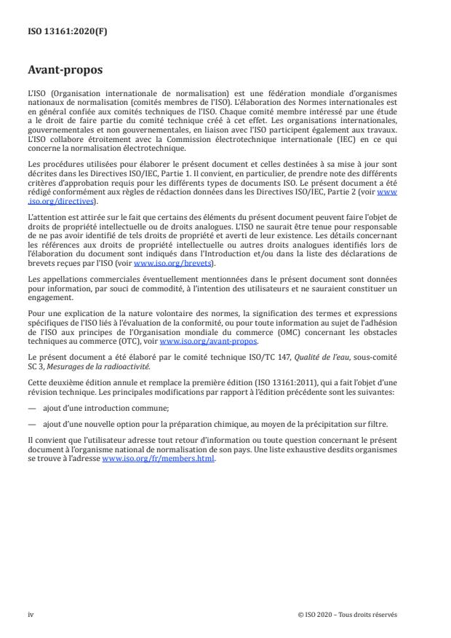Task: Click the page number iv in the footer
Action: tap(31, 614)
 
